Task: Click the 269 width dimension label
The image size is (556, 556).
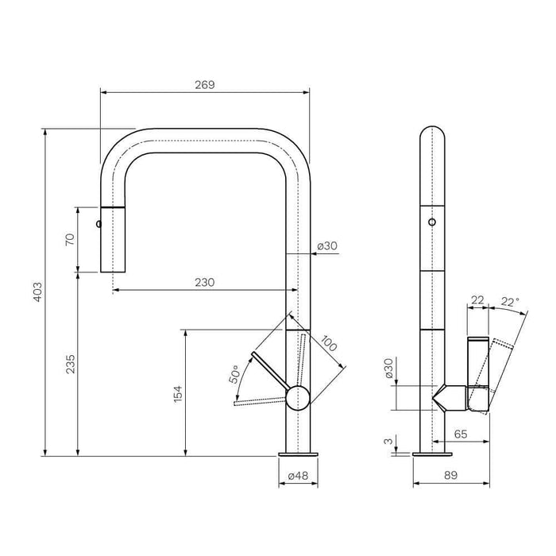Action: (205, 85)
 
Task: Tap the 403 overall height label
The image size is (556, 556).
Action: (37, 292)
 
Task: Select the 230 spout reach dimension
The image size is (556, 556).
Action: (205, 282)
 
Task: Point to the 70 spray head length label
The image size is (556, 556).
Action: (70, 239)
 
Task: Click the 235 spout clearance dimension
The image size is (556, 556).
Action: (70, 364)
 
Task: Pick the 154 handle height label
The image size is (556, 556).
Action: (178, 393)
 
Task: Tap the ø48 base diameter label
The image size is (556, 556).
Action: (298, 476)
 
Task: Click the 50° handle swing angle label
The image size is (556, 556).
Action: (234, 374)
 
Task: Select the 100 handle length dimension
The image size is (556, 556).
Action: (328, 343)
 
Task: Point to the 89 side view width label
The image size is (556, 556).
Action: (450, 475)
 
